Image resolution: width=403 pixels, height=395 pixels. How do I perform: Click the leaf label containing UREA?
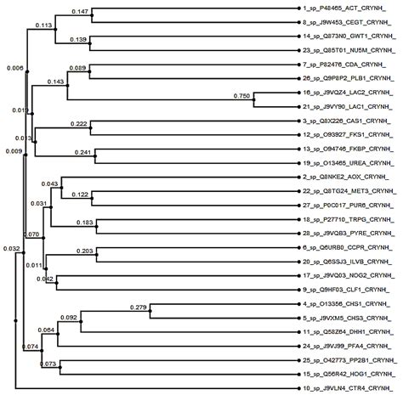click(x=351, y=161)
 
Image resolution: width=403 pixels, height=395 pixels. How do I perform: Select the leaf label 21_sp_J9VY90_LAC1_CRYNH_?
click(x=352, y=107)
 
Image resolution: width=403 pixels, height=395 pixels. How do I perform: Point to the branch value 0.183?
click(x=86, y=223)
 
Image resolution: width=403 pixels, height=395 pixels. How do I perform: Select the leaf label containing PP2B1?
click(x=352, y=361)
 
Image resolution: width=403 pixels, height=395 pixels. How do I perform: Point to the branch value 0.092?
click(x=71, y=318)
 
